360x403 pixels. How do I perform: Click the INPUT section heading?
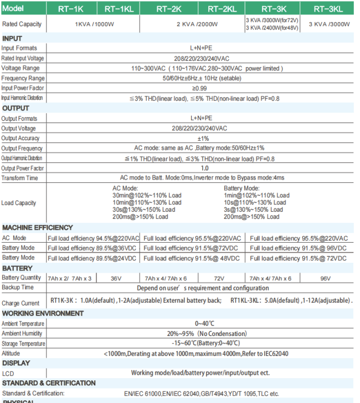tap(12, 38)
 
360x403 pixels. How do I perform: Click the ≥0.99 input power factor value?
tap(200, 88)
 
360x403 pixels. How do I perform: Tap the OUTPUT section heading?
tap(16, 108)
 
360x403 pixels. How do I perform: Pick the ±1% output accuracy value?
tap(203, 139)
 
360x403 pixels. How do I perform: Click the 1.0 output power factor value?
tap(204, 168)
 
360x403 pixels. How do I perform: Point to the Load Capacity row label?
tap(19, 203)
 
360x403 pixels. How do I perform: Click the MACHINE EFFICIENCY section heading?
tap(38, 228)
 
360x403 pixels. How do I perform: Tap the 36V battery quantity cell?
tap(116, 278)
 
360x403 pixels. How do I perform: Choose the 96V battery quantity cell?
tap(325, 278)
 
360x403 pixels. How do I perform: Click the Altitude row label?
tap(11, 353)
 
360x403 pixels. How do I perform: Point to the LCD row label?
tap(8, 374)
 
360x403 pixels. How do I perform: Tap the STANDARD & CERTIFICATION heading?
tap(49, 383)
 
